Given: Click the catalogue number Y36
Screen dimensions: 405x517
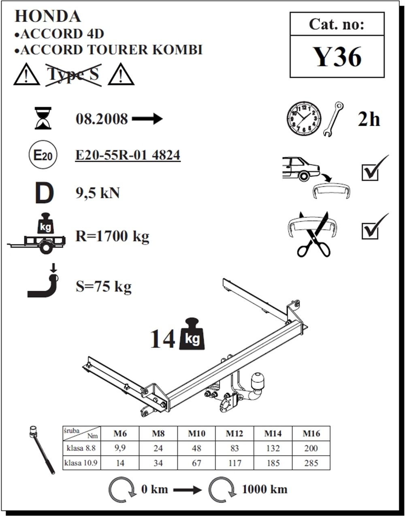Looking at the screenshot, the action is coord(337,57).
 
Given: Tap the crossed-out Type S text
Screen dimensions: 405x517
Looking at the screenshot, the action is coord(73,74).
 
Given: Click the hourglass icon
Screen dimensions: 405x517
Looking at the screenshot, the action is coord(43,118).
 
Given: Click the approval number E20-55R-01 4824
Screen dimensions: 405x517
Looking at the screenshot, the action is coord(128,155).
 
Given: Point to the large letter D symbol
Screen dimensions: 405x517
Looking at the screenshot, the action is coord(45,193).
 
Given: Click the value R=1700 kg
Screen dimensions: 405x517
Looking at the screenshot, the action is coord(112,237).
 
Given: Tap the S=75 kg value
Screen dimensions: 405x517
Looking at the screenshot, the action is coord(104,287).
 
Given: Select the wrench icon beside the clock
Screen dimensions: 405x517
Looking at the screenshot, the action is coord(333,119).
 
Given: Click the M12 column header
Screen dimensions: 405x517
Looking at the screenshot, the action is coord(234,434).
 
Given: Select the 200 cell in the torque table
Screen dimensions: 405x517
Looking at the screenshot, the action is coord(311,448).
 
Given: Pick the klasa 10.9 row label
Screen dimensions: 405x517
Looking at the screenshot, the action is coord(81,463).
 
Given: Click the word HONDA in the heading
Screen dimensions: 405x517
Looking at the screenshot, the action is coord(48,16).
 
